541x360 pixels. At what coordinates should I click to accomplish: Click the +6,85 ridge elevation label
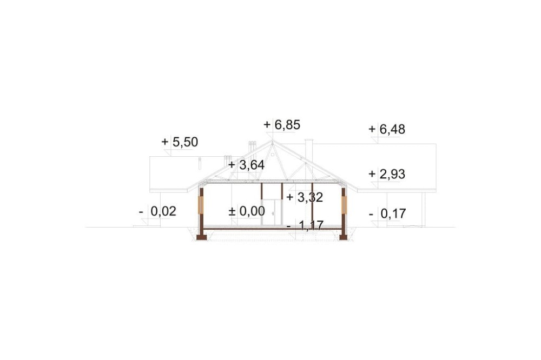click(282, 125)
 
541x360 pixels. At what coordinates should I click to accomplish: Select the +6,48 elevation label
click(387, 129)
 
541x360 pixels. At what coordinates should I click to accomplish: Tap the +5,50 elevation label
click(180, 142)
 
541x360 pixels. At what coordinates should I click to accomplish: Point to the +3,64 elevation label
click(246, 165)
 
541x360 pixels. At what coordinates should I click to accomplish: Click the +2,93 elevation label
click(387, 174)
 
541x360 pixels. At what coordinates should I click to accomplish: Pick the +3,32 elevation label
click(305, 198)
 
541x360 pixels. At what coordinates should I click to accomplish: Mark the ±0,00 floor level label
click(247, 211)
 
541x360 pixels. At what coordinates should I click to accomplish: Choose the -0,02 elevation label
click(157, 211)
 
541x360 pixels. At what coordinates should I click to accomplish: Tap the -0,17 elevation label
click(387, 214)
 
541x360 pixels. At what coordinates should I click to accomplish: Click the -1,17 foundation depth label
click(305, 226)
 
